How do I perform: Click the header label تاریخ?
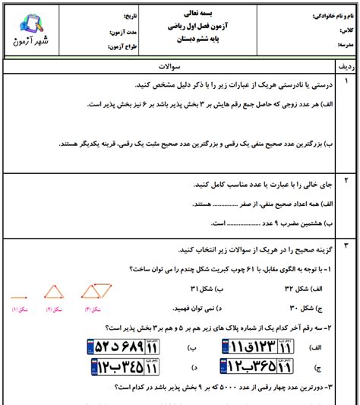tap(111, 14)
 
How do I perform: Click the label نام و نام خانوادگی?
tap(334, 15)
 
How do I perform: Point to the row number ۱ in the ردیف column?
tap(346, 81)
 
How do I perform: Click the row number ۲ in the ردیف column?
tap(346, 181)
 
